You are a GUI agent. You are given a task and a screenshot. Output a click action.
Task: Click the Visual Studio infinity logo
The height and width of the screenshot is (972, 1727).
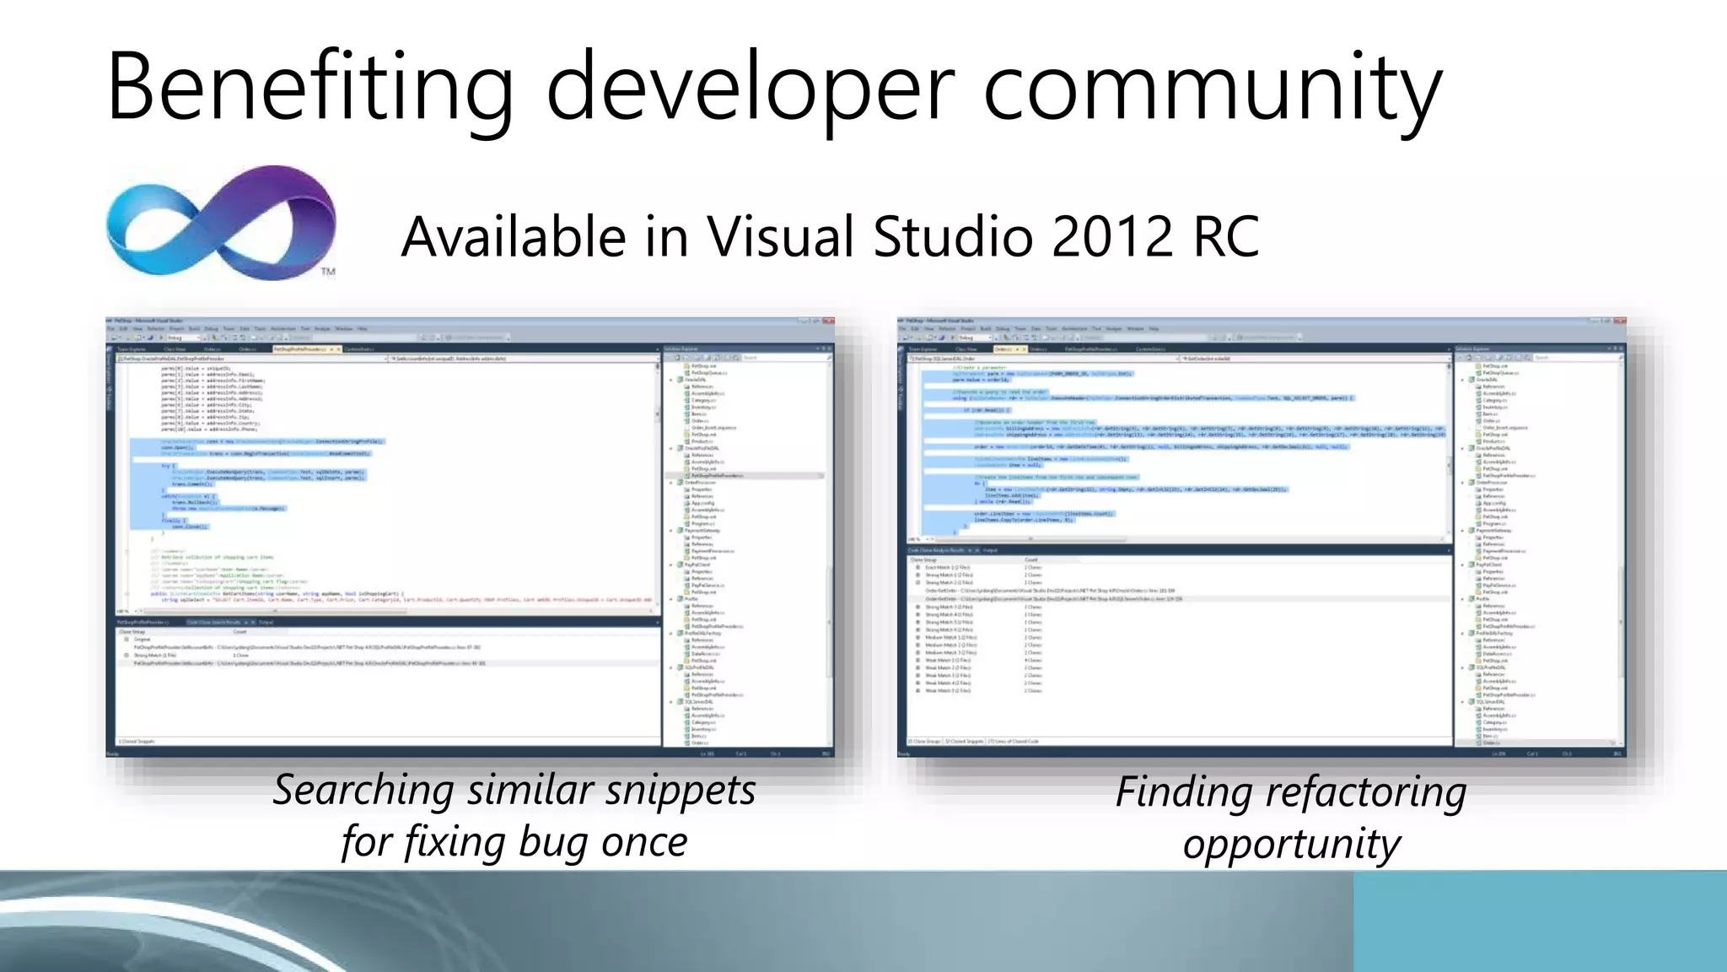pyautogui.click(x=221, y=223)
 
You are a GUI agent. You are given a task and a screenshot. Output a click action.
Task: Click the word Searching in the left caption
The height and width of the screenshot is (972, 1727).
pyautogui.click(x=364, y=791)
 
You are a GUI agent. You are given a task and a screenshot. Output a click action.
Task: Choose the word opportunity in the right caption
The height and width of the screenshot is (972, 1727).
pyautogui.click(x=1291, y=844)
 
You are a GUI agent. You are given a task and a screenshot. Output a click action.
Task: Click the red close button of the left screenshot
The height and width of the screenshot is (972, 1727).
pyautogui.click(x=828, y=321)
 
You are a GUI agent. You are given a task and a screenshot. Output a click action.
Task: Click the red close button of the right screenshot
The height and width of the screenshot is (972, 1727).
pyautogui.click(x=1620, y=321)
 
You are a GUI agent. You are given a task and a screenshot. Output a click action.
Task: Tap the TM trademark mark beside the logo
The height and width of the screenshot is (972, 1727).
pyautogui.click(x=328, y=272)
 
